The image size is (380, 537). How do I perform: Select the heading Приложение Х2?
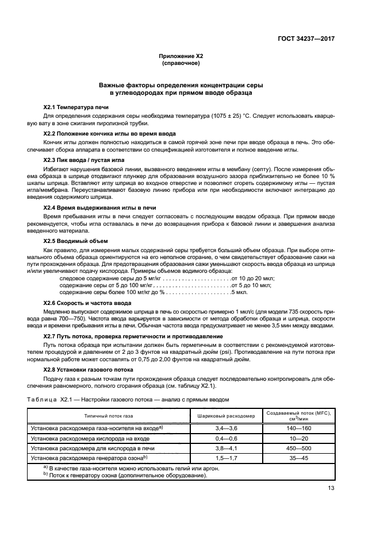coord(181,56)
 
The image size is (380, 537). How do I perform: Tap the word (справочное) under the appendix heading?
coord(181,63)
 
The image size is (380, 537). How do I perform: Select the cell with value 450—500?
coord(299,447)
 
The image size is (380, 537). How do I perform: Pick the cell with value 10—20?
coord(299,438)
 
